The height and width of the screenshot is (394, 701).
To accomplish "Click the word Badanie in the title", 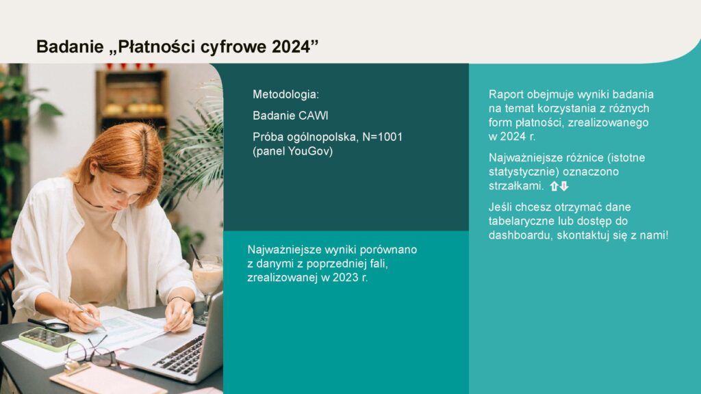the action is [x=71, y=47].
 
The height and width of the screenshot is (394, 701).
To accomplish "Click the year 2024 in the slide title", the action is [x=293, y=47].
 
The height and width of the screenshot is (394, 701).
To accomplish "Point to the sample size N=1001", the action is [x=383, y=137].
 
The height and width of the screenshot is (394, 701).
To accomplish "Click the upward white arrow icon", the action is [x=554, y=186].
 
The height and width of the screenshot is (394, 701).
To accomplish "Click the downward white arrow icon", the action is [x=564, y=186].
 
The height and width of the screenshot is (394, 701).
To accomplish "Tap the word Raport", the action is [x=506, y=94].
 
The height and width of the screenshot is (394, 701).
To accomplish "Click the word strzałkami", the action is [x=516, y=186].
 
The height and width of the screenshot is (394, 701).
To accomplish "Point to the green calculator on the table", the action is [x=47, y=339].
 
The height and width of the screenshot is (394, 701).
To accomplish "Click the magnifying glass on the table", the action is [x=49, y=325].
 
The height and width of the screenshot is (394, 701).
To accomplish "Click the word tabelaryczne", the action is [x=522, y=221].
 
